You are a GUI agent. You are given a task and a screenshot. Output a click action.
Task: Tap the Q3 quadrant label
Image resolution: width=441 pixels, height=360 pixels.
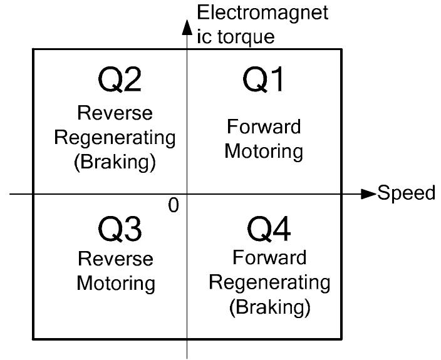click(120, 230)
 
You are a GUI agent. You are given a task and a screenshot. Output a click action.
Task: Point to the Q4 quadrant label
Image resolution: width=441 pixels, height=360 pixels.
click(269, 230)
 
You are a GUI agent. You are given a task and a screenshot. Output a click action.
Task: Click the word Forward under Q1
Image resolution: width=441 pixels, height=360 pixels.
click(264, 127)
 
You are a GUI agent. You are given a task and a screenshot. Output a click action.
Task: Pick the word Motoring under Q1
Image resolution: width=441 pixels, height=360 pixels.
click(264, 152)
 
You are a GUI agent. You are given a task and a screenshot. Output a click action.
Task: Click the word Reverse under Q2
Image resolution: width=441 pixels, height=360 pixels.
click(115, 113)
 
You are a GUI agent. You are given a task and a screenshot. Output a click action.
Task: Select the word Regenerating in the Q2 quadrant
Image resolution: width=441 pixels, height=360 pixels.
click(115, 138)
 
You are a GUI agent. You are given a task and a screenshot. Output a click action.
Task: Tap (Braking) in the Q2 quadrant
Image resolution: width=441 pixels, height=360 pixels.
click(115, 162)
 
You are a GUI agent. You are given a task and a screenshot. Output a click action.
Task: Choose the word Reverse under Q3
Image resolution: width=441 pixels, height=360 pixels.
click(115, 259)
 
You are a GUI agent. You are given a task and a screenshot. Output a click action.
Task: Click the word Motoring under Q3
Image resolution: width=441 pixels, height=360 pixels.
click(115, 283)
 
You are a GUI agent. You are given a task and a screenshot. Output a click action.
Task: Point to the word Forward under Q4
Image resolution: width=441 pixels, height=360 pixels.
click(269, 257)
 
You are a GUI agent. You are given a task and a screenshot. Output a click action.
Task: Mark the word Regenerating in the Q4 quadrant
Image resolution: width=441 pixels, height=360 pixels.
click(269, 282)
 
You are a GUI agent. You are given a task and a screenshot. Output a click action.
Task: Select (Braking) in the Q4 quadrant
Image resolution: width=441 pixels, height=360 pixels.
click(269, 307)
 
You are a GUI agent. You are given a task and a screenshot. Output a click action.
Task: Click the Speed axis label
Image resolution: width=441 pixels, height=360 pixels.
click(407, 193)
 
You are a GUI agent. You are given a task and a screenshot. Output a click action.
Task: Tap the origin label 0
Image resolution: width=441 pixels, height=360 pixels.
click(174, 205)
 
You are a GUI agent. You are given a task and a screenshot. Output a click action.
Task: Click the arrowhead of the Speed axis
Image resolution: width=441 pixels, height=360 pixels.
click(368, 194)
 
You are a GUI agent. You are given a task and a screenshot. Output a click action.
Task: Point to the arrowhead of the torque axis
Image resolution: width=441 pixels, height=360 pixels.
click(187, 28)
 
